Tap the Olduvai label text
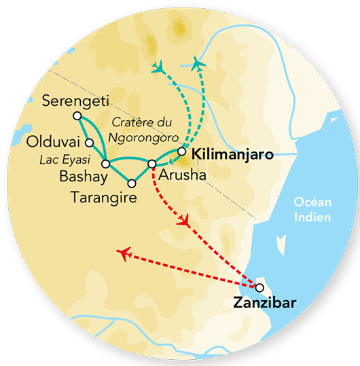(x=55, y=143)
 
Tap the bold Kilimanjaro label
(x=233, y=155)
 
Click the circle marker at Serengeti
(x=76, y=116)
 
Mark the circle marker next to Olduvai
(x=90, y=143)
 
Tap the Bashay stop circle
(x=105, y=164)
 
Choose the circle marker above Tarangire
(x=132, y=183)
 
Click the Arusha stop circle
(x=152, y=164)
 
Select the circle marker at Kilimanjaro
(x=181, y=151)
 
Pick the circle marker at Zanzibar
(x=259, y=287)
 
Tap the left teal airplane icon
(x=160, y=67)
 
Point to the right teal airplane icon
(x=198, y=64)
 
